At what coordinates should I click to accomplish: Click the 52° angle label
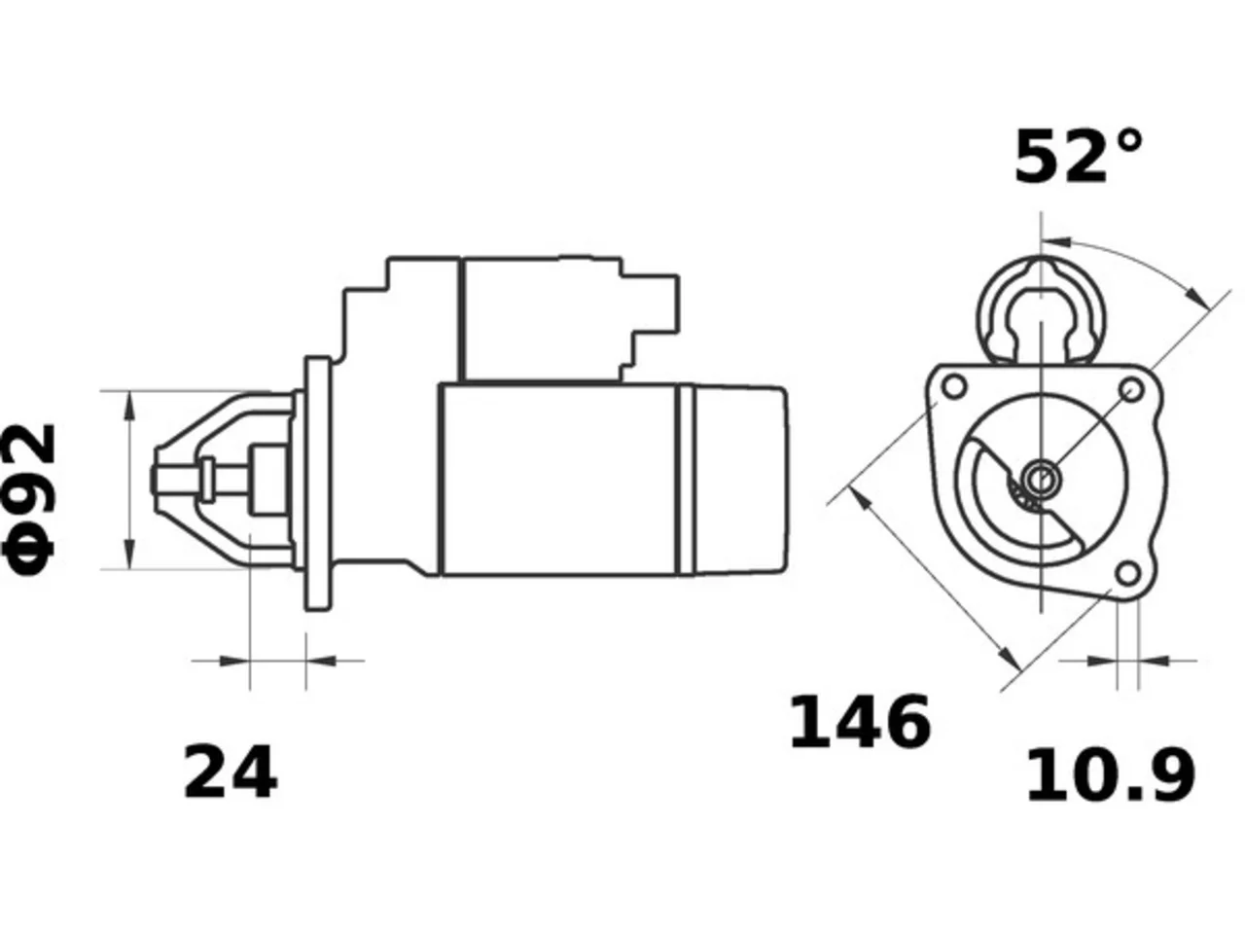click(x=1077, y=157)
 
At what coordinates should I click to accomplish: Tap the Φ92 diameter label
click(x=30, y=500)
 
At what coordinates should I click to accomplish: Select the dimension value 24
click(x=231, y=772)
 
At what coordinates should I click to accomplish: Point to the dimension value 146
click(x=859, y=723)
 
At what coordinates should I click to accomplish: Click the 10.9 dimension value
click(x=1111, y=774)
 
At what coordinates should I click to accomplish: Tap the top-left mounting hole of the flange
click(x=954, y=387)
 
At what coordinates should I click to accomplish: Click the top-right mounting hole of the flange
click(x=1131, y=390)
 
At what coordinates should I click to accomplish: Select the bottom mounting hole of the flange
click(x=1127, y=574)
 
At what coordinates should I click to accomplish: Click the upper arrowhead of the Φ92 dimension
click(x=130, y=406)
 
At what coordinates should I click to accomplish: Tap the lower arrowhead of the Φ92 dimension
click(x=130, y=554)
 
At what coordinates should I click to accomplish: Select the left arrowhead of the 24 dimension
click(x=234, y=661)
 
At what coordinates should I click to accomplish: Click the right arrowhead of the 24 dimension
click(x=321, y=661)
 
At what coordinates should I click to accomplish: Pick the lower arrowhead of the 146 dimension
click(x=1010, y=659)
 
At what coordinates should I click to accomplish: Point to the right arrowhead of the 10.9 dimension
click(x=1154, y=661)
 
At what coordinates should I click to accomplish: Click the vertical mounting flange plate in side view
click(x=318, y=484)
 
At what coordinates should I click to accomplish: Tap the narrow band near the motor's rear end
click(x=687, y=480)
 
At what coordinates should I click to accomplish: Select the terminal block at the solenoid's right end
click(x=650, y=319)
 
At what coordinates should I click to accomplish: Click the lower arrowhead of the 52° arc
click(x=1198, y=296)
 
